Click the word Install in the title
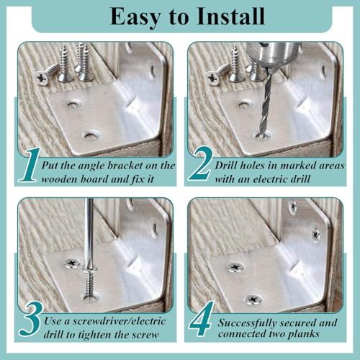(230, 17)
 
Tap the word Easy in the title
(135, 17)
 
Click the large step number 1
(30, 165)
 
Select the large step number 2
(201, 163)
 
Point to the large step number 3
(31, 319)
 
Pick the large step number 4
(201, 318)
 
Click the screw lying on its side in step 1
(45, 74)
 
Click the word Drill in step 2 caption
(226, 166)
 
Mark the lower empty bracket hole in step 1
(91, 136)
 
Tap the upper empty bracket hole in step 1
(72, 104)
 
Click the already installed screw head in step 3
(72, 264)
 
